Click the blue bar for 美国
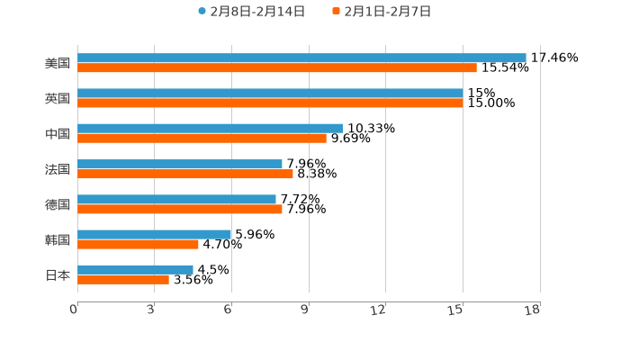click(x=301, y=58)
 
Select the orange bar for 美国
click(x=277, y=67)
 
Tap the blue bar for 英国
click(x=270, y=93)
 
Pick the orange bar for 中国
click(x=202, y=138)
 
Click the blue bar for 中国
click(x=210, y=128)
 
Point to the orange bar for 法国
click(x=185, y=174)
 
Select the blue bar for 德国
click(x=176, y=199)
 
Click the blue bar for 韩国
click(x=155, y=234)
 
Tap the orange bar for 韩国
click(x=138, y=244)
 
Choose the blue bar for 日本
click(x=135, y=269)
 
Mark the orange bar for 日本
click(x=123, y=279)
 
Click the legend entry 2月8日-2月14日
click(x=251, y=12)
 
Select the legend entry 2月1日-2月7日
click(x=382, y=12)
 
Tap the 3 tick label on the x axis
click(x=150, y=310)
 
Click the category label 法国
click(x=58, y=169)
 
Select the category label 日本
click(x=58, y=274)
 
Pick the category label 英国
click(x=58, y=98)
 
